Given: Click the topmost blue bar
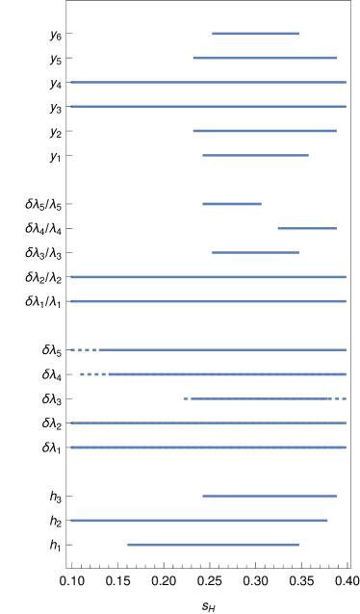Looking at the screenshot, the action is (255, 34).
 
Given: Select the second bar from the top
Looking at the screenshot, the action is (265, 58).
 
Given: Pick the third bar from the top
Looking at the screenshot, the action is (208, 82).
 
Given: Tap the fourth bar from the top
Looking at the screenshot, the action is (208, 106).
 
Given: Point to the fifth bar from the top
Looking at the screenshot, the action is (265, 131).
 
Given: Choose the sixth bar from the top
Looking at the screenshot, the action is (255, 155).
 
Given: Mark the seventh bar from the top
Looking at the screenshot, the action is (231, 204).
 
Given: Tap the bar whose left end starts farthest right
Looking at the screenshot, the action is (306, 228).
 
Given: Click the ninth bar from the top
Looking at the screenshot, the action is (255, 252).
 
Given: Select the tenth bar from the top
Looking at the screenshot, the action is (208, 277).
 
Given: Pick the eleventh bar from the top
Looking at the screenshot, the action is (208, 301).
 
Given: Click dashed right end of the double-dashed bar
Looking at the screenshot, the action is (340, 398).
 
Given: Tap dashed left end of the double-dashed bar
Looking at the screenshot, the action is (187, 398).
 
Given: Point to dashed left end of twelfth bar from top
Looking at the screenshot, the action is (84, 349).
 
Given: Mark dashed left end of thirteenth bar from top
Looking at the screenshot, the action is (93, 374).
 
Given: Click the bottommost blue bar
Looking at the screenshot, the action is (213, 545).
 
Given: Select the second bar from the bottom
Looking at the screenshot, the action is (199, 521).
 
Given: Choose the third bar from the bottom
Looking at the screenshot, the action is (269, 496).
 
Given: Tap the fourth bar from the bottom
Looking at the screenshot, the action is (208, 448).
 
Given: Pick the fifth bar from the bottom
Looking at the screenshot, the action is (208, 422).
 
